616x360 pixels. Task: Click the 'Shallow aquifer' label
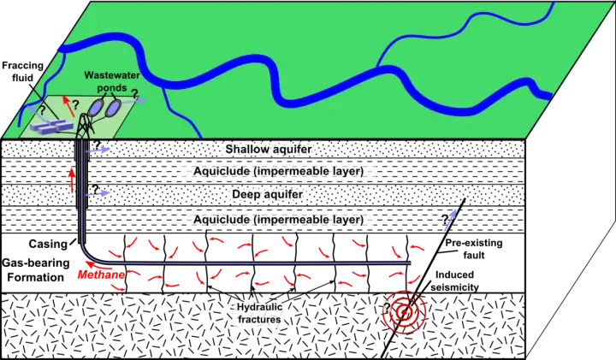(x=269, y=149)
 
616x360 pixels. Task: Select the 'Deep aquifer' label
(x=268, y=194)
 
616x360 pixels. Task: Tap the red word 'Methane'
(x=101, y=274)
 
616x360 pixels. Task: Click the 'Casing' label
(x=48, y=244)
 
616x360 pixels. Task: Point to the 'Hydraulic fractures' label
(x=259, y=313)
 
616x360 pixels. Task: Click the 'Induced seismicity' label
(x=454, y=280)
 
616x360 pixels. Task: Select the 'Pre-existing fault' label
(x=474, y=249)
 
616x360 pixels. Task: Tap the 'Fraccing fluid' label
(x=22, y=72)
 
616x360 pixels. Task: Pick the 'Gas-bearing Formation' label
(x=36, y=269)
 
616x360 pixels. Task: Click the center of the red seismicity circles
(x=404, y=312)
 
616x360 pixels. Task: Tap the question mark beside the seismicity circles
(x=387, y=308)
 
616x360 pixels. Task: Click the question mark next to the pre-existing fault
(x=445, y=219)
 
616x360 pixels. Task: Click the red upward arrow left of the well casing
(x=72, y=180)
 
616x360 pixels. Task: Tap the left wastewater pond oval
(x=95, y=107)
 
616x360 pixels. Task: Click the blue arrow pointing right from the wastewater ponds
(x=135, y=101)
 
